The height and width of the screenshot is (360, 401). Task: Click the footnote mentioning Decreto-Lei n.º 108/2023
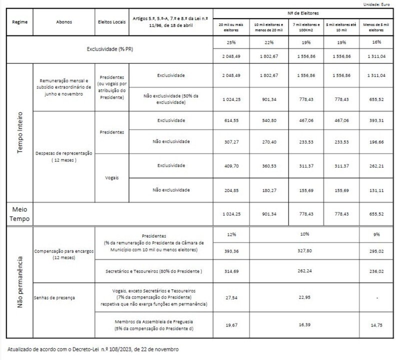(x=93, y=349)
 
